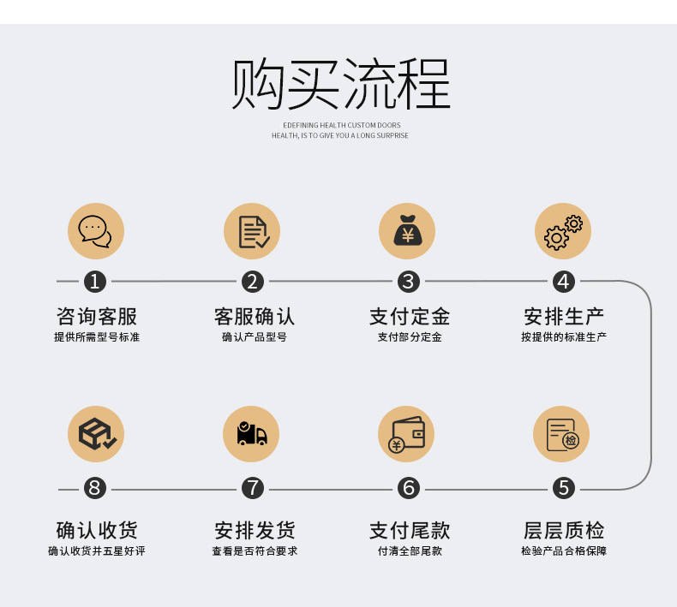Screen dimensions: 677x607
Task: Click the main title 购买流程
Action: click(x=340, y=84)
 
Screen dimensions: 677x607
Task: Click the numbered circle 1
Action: click(x=95, y=281)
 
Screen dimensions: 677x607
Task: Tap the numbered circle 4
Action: click(x=563, y=281)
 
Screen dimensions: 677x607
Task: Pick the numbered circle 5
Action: click(x=563, y=488)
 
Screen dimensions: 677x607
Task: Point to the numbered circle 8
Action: click(x=95, y=488)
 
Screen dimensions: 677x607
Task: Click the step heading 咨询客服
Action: click(x=97, y=316)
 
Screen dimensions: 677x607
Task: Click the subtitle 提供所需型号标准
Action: click(x=97, y=337)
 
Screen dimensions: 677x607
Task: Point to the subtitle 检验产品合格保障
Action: click(x=564, y=550)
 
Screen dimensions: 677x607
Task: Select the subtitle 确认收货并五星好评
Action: click(x=97, y=550)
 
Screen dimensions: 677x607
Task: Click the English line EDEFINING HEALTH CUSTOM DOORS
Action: click(x=341, y=125)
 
